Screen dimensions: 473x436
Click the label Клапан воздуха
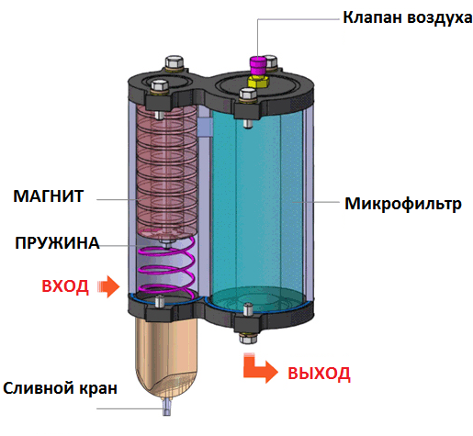coord(407,17)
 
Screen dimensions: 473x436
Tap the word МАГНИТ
coord(49,196)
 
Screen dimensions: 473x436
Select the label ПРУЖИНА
coord(57,243)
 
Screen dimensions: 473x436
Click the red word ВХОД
coord(65,286)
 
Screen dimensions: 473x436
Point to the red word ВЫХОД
coord(319,374)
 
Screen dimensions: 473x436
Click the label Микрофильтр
coord(403,204)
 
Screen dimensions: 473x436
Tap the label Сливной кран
coord(61,388)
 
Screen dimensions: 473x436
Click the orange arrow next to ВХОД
coord(108,286)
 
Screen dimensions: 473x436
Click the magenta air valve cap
coord(258,65)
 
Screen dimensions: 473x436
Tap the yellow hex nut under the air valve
coord(258,82)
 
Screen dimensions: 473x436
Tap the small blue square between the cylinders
coord(205,128)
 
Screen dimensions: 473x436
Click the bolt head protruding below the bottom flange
coord(248,338)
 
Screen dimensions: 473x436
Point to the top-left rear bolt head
coord(175,62)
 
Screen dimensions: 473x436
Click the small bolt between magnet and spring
coord(167,243)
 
